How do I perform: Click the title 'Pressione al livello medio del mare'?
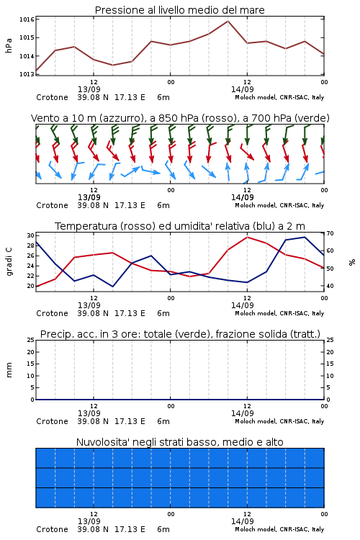[179, 10]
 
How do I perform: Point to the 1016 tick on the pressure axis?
[27, 19]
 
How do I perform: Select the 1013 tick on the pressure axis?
[27, 74]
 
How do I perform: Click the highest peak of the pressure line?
[228, 21]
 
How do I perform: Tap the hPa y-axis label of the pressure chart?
[9, 45]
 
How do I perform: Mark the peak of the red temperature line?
[247, 237]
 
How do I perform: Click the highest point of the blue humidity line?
[305, 237]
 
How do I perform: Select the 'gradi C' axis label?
[9, 262]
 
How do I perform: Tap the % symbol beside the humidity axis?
[352, 262]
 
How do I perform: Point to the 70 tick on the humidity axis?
[330, 233]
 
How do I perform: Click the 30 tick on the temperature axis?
[31, 235]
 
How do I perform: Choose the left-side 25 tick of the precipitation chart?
[31, 340]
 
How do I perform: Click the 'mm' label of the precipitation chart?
[9, 370]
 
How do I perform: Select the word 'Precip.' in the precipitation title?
[54, 334]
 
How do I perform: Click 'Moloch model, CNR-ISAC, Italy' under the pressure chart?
[279, 97]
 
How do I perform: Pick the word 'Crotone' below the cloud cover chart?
[52, 529]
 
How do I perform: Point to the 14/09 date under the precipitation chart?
[243, 413]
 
